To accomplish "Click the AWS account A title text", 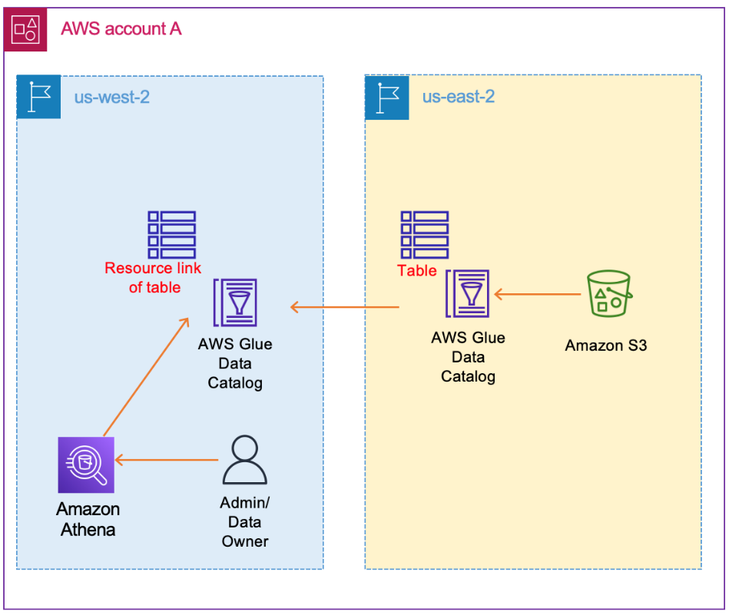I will click(121, 29).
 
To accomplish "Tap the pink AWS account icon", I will click(25, 30).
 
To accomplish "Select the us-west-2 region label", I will click(111, 97).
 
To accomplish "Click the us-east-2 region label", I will click(458, 97).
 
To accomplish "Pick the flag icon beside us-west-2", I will click(38, 98).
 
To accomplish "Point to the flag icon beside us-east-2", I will click(386, 98).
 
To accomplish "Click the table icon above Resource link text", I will click(171, 234).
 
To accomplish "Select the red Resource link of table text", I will click(153, 277).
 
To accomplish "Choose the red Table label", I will click(416, 270).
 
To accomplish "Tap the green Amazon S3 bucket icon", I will click(608, 294).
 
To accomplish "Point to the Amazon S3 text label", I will click(606, 346).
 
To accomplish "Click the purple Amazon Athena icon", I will click(86, 465).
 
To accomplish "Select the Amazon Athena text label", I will click(88, 519).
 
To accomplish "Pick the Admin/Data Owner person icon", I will click(244, 460).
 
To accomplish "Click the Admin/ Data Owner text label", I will click(245, 522).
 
